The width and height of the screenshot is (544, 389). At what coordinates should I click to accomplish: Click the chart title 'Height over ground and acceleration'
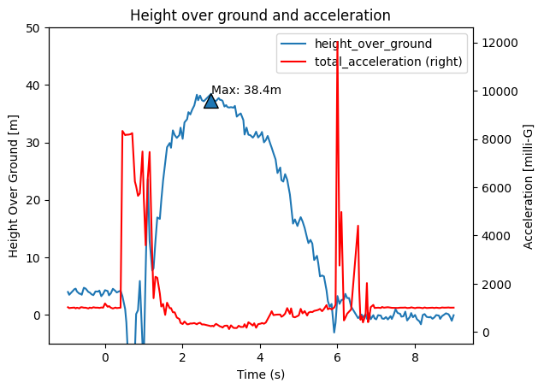[x=260, y=15]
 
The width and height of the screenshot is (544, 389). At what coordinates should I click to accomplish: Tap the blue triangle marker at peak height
[x=210, y=101]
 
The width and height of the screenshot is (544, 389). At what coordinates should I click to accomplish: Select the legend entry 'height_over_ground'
[x=373, y=44]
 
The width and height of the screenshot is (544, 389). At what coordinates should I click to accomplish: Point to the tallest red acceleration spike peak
[x=337, y=40]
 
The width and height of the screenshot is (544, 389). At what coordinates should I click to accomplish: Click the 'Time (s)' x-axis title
[x=260, y=374]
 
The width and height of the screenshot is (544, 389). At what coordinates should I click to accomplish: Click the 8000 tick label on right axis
[x=494, y=139]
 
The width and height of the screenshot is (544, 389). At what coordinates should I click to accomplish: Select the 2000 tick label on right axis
[x=494, y=285]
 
